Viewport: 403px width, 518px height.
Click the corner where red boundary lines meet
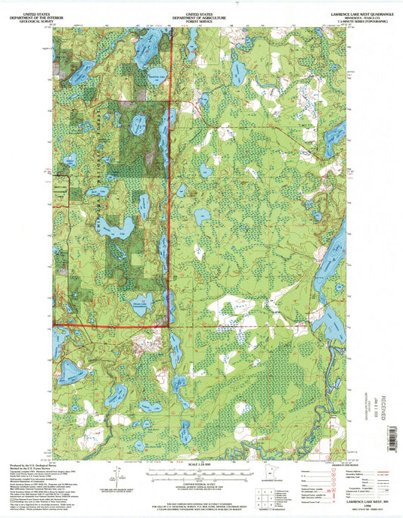[169, 327]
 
